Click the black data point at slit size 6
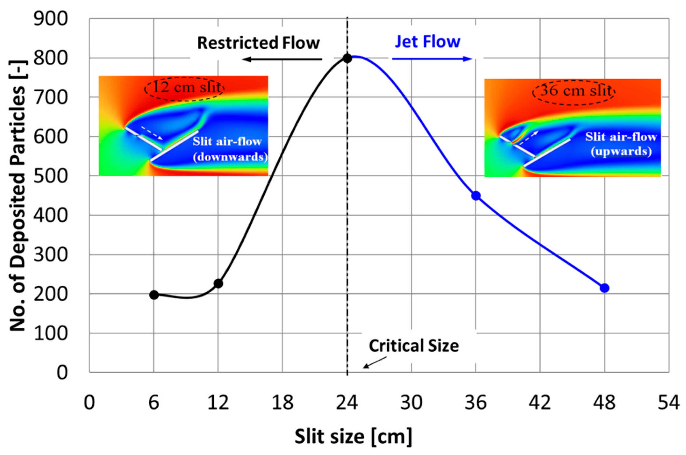pyautogui.click(x=154, y=295)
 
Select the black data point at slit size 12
pyautogui.click(x=218, y=283)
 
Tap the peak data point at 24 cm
pyautogui.click(x=347, y=58)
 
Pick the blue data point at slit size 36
pyautogui.click(x=476, y=196)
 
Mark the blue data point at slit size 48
pyautogui.click(x=604, y=288)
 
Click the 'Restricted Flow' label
pyautogui.click(x=258, y=43)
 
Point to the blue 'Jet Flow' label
pyautogui.click(x=428, y=42)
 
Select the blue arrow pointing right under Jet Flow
pyautogui.click(x=432, y=59)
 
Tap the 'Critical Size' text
pyautogui.click(x=414, y=346)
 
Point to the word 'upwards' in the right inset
pyautogui.click(x=621, y=151)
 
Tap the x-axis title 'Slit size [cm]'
pyautogui.click(x=353, y=437)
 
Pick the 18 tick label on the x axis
pyautogui.click(x=282, y=403)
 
